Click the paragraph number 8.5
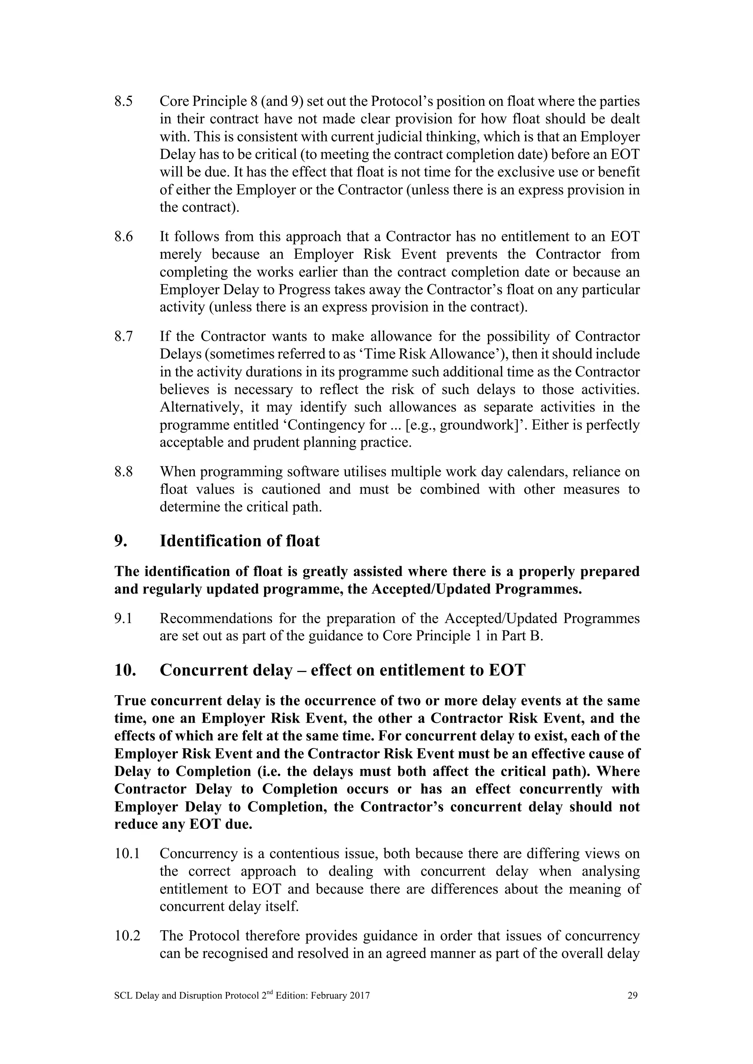pos(123,101)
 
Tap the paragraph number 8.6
pos(123,237)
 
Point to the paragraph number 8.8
pos(123,472)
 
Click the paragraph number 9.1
pos(123,619)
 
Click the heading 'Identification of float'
pos(239,541)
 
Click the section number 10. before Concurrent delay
pos(125,671)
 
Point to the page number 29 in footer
pos(632,995)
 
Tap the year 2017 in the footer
pos(360,995)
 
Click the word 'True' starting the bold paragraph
pos(130,701)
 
